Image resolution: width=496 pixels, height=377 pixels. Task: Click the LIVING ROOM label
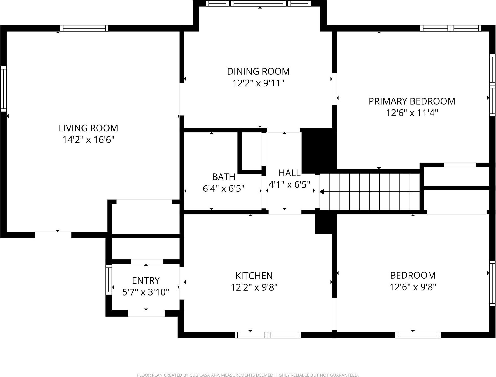[x=88, y=128]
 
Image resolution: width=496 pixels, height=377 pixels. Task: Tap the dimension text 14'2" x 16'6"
[x=88, y=140]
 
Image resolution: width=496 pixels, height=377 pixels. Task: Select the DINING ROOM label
[x=258, y=71]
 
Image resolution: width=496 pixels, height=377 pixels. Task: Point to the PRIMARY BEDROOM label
[x=412, y=101]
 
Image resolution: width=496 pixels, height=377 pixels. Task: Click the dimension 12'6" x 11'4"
[x=412, y=113]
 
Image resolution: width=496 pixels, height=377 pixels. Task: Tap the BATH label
[x=223, y=177]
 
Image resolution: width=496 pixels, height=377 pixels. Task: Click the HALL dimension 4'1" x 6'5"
[x=289, y=185]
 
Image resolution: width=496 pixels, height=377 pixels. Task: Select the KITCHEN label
[x=254, y=276]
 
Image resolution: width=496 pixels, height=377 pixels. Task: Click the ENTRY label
[x=146, y=280]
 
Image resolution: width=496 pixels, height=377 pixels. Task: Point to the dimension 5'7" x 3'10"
[x=146, y=292]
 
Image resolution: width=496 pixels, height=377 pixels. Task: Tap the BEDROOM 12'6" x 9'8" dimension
[x=413, y=287]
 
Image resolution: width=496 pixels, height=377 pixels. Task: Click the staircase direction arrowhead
[x=321, y=192]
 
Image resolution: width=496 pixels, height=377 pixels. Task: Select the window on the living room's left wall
[x=3, y=89]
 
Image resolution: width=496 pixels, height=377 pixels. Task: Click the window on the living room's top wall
[x=84, y=28]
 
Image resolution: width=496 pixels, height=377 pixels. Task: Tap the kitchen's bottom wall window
[x=268, y=335]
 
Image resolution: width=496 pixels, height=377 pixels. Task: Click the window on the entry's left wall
[x=108, y=279]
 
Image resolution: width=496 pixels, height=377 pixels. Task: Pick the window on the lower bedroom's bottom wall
[x=418, y=335]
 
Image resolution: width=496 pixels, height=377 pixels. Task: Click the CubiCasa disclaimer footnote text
[x=248, y=375]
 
